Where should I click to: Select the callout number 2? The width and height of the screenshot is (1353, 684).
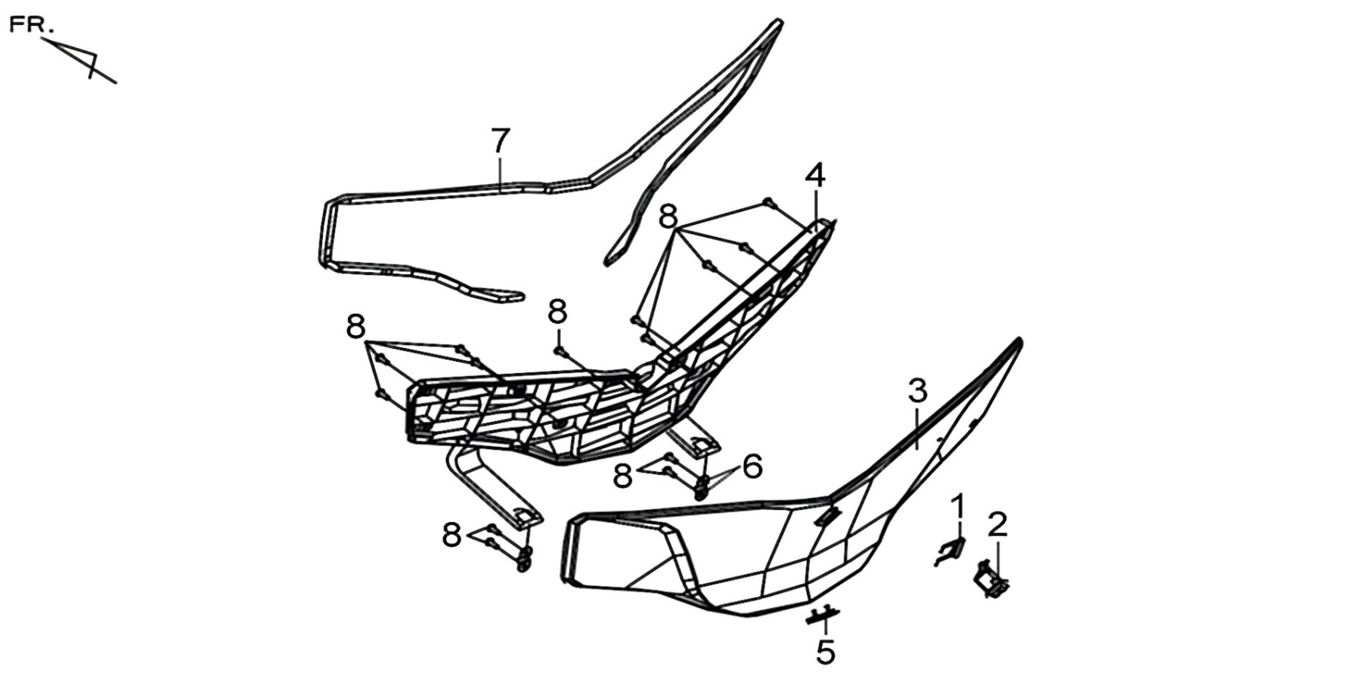pos(997,524)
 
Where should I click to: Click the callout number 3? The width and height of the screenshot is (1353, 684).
pos(918,392)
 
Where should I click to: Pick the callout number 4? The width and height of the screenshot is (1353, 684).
pos(815,176)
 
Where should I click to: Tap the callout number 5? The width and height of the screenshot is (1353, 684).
pos(826,653)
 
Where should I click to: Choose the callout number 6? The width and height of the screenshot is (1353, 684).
pos(752,467)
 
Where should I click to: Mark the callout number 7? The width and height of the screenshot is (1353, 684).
pos(500,141)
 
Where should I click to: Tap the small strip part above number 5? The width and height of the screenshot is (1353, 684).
pos(823,614)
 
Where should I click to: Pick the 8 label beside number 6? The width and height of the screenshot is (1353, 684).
pos(623,477)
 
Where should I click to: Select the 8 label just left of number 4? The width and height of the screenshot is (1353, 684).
pos(668,217)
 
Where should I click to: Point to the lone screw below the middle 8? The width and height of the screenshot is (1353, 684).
pos(561,351)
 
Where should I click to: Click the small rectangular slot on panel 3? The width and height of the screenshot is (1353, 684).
pos(827,516)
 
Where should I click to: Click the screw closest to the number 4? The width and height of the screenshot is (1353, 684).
pos(769,202)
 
